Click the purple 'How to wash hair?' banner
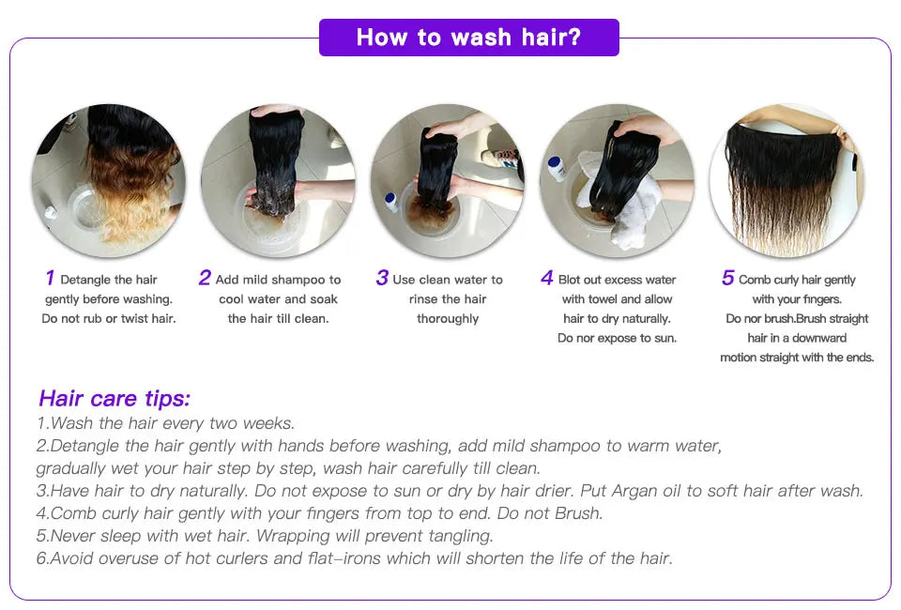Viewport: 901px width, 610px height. pos(469,38)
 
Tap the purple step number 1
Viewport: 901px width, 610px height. pos(50,278)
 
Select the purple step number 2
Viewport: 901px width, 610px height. pos(205,278)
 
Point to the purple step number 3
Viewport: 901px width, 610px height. pos(382,278)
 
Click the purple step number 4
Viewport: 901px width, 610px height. pos(547,278)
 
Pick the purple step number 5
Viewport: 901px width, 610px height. pos(728,278)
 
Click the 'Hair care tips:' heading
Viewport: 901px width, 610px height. pos(115,398)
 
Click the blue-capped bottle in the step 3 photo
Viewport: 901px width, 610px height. pos(391,202)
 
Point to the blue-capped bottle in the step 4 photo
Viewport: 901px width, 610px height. pos(556,169)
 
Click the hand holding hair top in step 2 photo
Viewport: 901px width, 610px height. pos(278,111)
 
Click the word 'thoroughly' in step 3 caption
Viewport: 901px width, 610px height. pos(448,319)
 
